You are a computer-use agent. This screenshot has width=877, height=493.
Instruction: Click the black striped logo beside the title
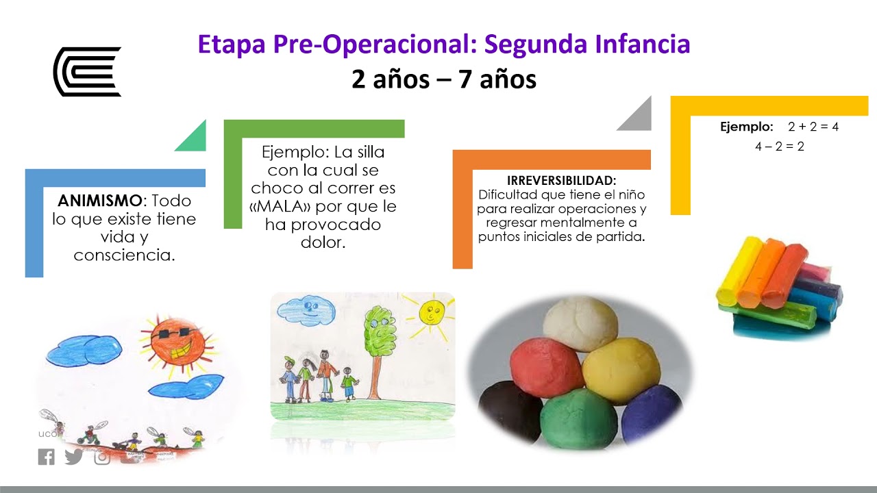pyautogui.click(x=87, y=71)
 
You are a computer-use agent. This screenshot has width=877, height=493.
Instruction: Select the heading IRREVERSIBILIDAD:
pyautogui.click(x=562, y=181)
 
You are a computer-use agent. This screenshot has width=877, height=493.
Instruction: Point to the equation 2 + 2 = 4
pyautogui.click(x=813, y=127)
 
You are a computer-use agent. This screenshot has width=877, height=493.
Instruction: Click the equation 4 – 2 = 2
pyautogui.click(x=780, y=146)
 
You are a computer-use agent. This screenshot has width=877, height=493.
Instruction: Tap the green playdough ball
pyautogui.click(x=579, y=418)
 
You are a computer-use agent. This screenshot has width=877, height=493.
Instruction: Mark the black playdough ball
pyautogui.click(x=509, y=412)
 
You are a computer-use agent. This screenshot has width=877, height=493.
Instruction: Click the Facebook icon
pyautogui.click(x=47, y=457)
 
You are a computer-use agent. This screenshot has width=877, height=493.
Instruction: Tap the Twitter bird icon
pyautogui.click(x=74, y=457)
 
